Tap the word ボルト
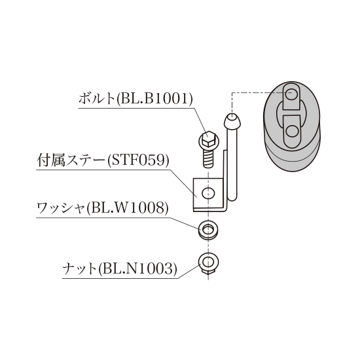(x=96, y=99)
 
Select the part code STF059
(x=138, y=160)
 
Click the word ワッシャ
(x=61, y=208)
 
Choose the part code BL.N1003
(x=137, y=269)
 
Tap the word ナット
(x=79, y=269)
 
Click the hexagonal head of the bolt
(x=208, y=139)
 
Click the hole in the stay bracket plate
(x=208, y=193)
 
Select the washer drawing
(x=208, y=230)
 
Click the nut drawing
(x=208, y=263)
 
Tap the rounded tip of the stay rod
(x=232, y=121)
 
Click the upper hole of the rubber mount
(x=291, y=94)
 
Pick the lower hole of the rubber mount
(x=292, y=131)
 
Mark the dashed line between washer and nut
(x=208, y=246)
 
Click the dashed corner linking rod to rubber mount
(x=232, y=93)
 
